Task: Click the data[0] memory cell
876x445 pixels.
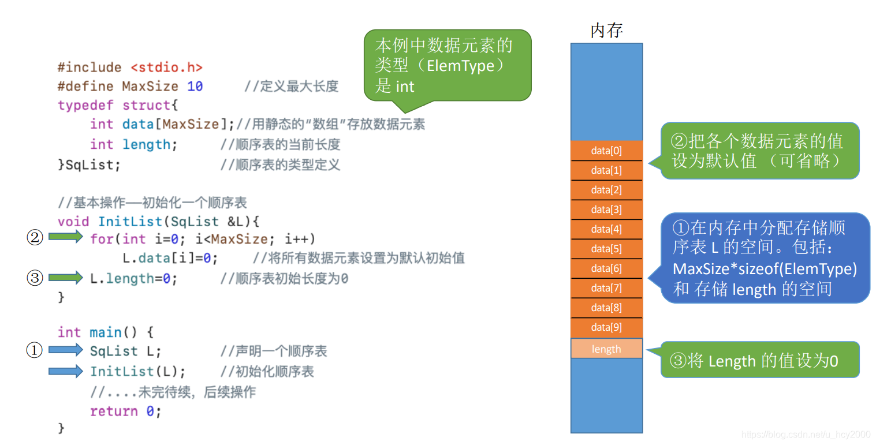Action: click(x=606, y=151)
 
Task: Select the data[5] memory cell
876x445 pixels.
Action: click(x=606, y=249)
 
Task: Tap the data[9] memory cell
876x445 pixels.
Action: click(x=606, y=327)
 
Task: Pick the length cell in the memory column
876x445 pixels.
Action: click(x=606, y=349)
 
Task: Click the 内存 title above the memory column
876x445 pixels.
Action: click(x=606, y=31)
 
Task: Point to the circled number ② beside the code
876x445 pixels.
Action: click(x=35, y=238)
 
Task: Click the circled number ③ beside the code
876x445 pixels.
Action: click(x=35, y=278)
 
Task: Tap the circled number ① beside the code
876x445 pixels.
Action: click(x=35, y=350)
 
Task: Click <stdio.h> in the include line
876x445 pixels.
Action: click(x=166, y=68)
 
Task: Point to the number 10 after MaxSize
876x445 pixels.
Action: click(x=195, y=87)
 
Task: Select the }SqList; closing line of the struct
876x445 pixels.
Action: click(x=89, y=165)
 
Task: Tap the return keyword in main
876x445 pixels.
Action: click(x=114, y=412)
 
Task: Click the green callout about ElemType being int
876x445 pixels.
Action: click(x=447, y=65)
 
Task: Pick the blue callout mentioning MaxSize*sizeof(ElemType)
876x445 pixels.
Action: click(x=765, y=258)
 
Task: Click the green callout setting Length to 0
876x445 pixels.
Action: click(x=759, y=361)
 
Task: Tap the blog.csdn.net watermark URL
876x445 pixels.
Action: click(x=806, y=435)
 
